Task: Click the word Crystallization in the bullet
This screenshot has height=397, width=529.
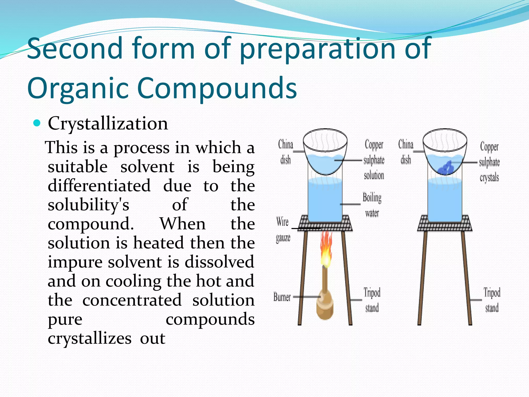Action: tap(108, 124)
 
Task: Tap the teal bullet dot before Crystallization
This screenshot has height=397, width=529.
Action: tap(37, 123)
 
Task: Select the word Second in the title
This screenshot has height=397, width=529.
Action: tap(75, 48)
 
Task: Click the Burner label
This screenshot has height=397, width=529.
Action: tap(282, 297)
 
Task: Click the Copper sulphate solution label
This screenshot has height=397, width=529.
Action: tap(374, 160)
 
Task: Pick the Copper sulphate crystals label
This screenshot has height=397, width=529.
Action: tap(489, 162)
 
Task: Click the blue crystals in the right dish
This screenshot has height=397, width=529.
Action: tap(446, 168)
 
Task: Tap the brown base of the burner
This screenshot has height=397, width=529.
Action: tap(324, 309)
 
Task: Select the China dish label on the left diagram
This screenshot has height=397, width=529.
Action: tap(286, 152)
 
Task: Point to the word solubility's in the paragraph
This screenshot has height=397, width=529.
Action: tap(88, 205)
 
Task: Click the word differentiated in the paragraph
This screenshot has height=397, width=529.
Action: tap(99, 186)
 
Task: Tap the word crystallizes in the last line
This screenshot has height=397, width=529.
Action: tap(89, 338)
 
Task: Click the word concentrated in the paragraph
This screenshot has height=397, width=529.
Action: tap(132, 300)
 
